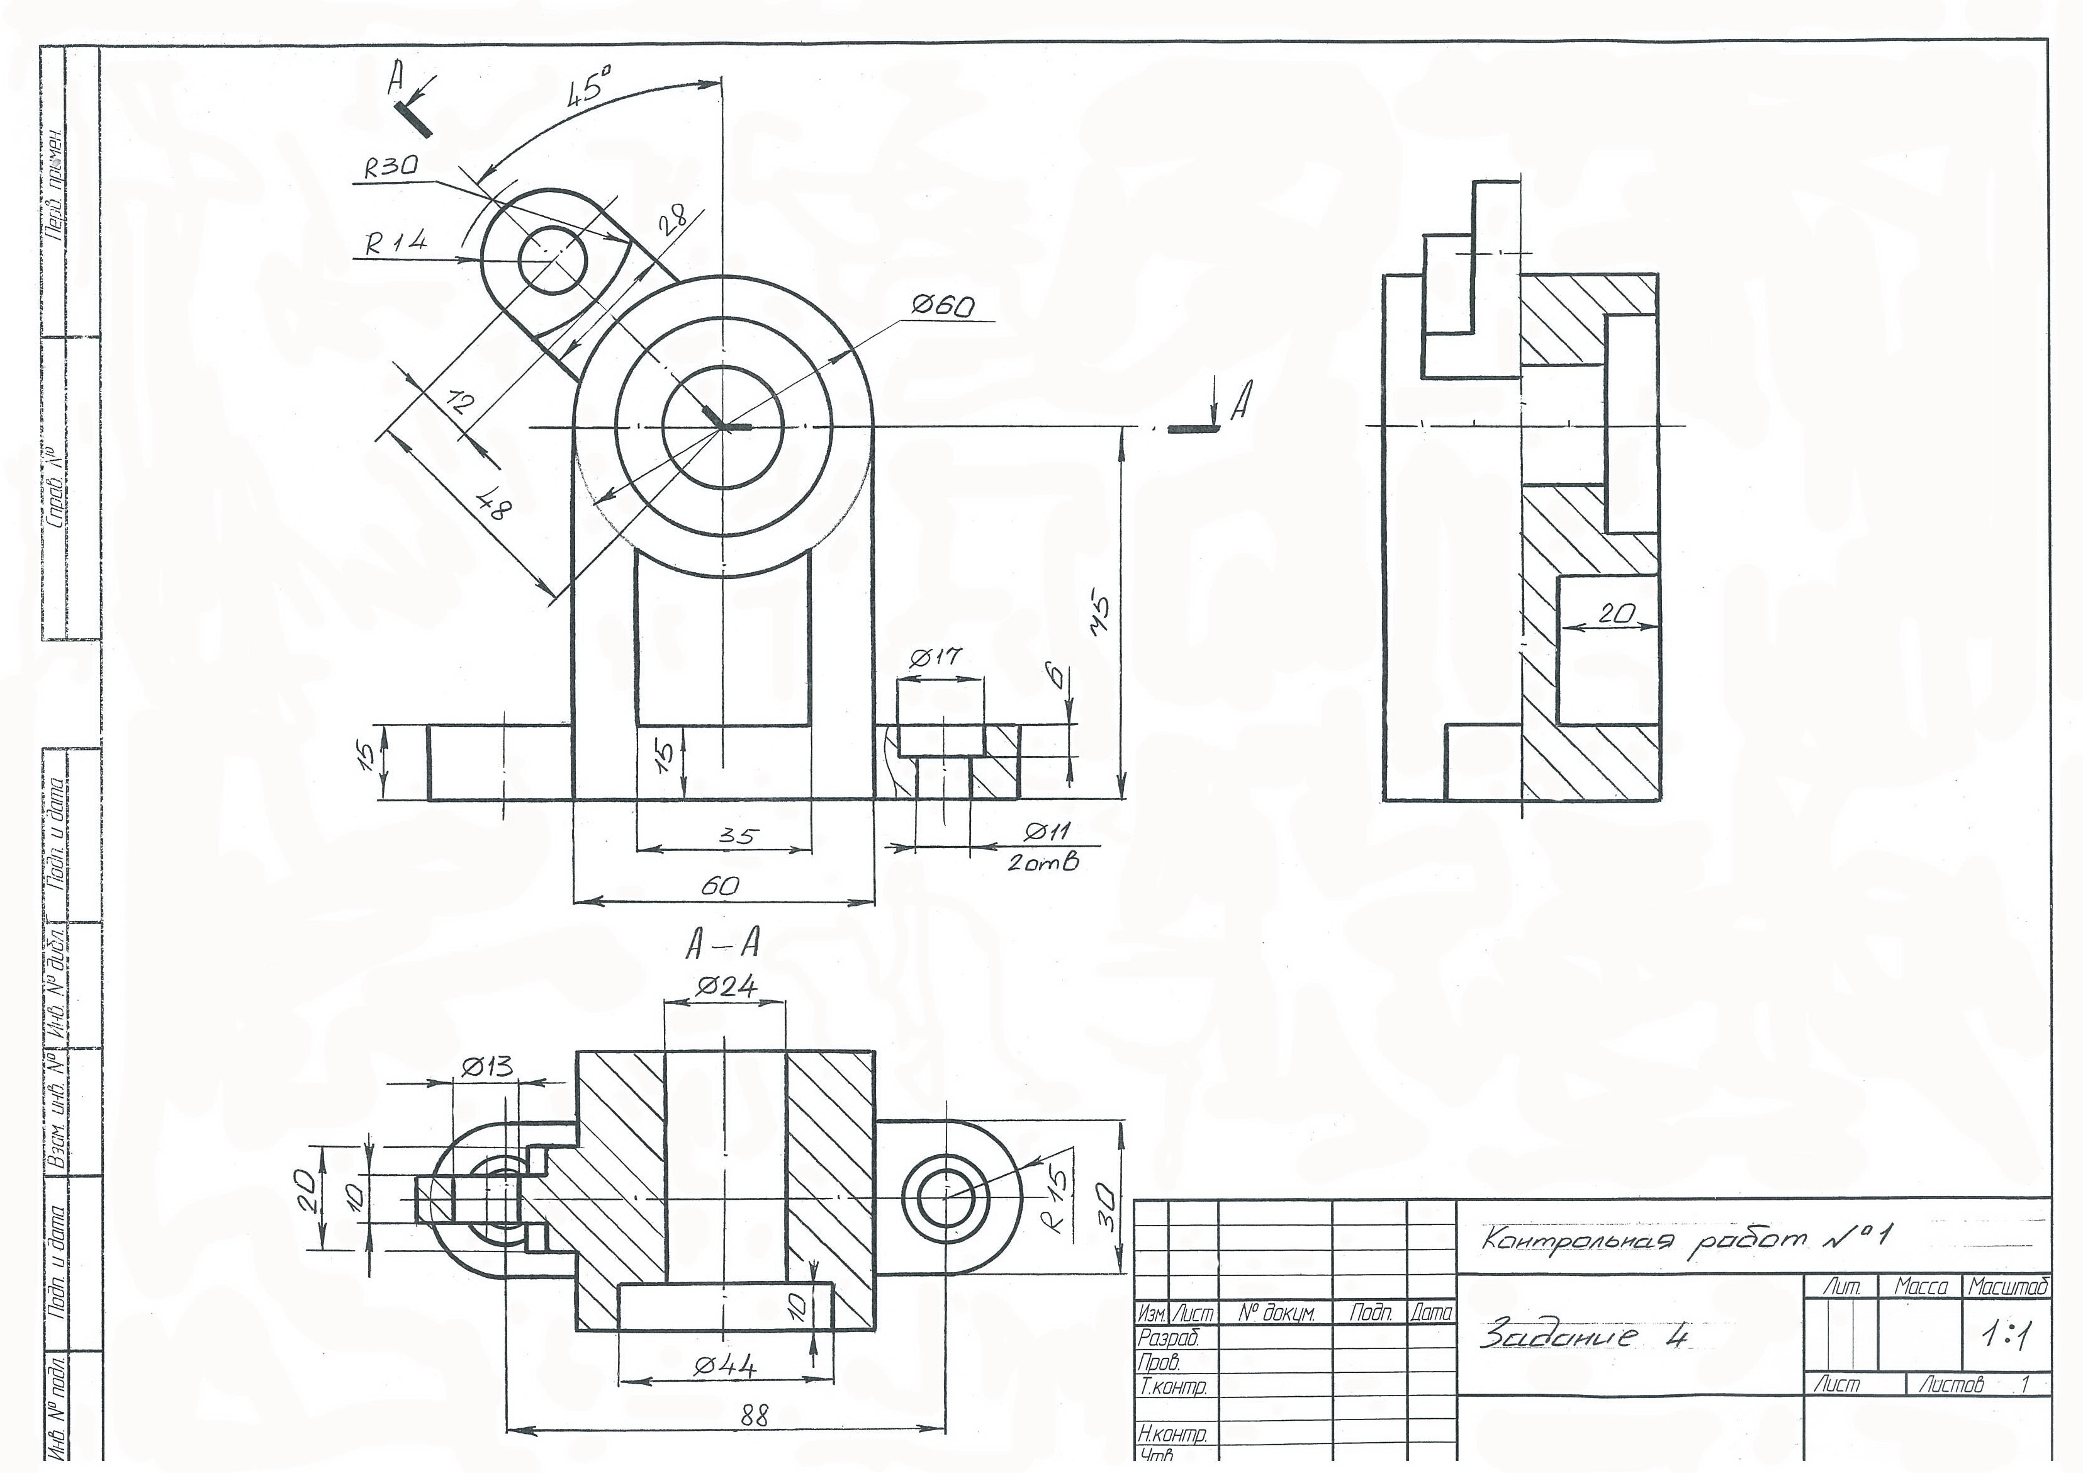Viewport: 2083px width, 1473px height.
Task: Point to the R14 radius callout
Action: point(396,242)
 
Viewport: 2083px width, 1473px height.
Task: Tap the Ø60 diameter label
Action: point(943,307)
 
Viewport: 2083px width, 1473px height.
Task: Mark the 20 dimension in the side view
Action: point(1615,614)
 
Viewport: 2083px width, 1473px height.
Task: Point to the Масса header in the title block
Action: point(1921,1287)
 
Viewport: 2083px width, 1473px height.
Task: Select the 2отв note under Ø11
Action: point(1042,863)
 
